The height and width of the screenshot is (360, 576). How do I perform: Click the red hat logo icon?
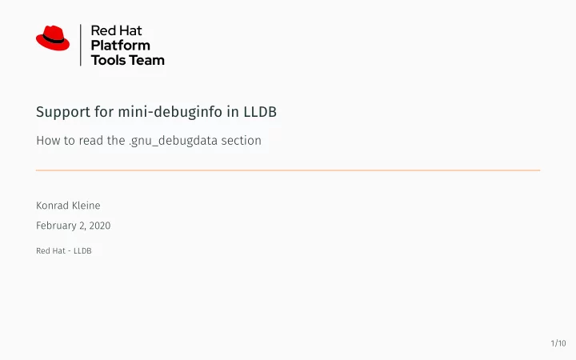click(x=53, y=38)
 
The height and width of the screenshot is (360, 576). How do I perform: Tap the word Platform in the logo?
click(x=121, y=46)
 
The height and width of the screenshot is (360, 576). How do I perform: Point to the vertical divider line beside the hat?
click(x=81, y=45)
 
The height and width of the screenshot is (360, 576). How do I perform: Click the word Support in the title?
click(x=63, y=112)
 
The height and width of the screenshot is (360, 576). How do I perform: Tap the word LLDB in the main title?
click(x=260, y=112)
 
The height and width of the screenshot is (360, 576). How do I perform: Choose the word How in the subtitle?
click(x=48, y=140)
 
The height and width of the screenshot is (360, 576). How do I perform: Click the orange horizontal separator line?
click(x=288, y=170)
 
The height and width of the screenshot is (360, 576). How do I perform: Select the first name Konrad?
click(x=52, y=206)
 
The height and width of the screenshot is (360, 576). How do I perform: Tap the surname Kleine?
click(x=86, y=206)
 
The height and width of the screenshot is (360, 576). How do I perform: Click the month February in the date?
click(x=56, y=226)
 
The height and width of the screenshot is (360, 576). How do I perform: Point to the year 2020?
click(x=100, y=226)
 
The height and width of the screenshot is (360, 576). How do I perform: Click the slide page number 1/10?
click(x=558, y=343)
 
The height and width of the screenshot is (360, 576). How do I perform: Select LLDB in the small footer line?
click(x=82, y=251)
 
